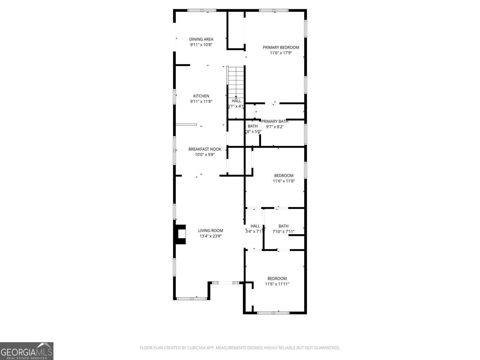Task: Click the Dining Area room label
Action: coord(201,39)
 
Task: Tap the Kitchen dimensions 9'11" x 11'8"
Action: coord(201,102)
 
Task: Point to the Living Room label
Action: coord(210,231)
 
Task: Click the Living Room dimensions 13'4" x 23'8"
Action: coord(210,236)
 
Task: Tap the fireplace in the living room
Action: coord(180,235)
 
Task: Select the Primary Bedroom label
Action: coord(281,47)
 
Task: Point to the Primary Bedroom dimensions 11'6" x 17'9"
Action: coord(281,53)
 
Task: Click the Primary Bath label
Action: coord(274,121)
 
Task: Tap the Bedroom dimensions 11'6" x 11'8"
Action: coord(283,181)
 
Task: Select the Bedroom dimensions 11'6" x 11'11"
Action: coord(277,284)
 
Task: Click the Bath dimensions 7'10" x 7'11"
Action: coord(283,232)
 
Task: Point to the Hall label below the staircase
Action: coord(236,101)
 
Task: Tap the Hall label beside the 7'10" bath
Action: coord(255,226)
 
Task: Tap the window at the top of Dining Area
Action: coord(202,10)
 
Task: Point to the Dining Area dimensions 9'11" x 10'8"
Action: coord(201,45)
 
